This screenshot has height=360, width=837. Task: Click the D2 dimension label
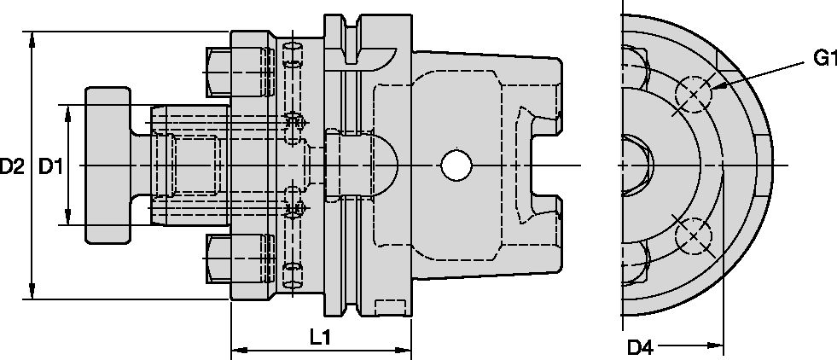(x=12, y=166)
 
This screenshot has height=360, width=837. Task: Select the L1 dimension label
(x=320, y=338)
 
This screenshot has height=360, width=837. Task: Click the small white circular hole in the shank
(x=455, y=165)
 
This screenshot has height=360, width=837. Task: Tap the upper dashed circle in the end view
(x=694, y=93)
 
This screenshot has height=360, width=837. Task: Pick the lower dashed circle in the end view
(x=694, y=236)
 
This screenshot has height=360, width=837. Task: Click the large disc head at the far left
(x=108, y=165)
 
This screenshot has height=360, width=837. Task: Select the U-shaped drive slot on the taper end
(x=542, y=165)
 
